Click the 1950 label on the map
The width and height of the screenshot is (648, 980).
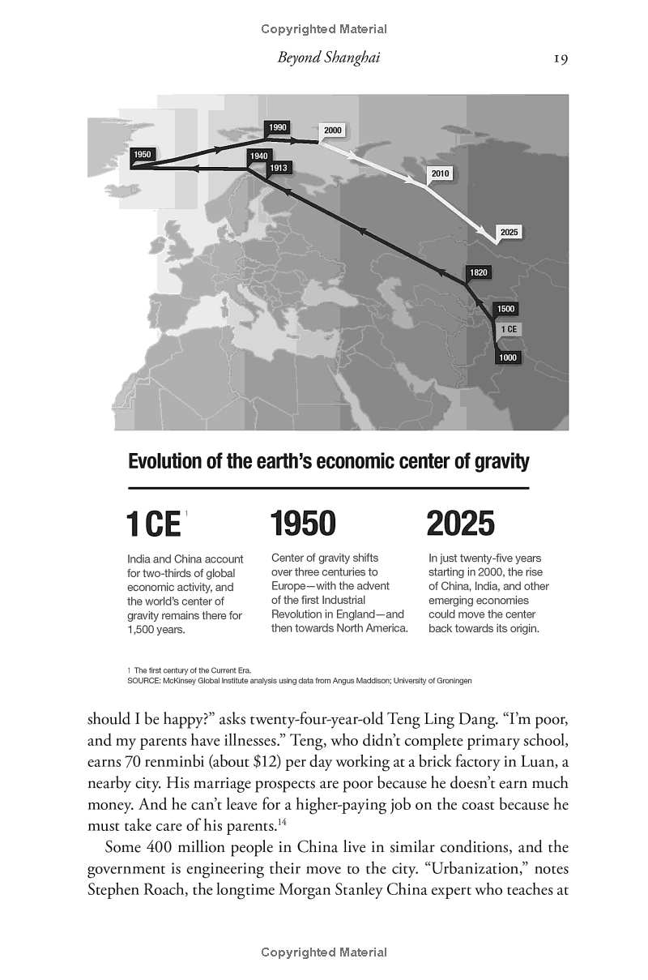(143, 154)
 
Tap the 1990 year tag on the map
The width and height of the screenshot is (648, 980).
(278, 128)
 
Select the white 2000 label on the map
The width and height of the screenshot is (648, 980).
(332, 131)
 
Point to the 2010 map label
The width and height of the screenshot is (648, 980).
(440, 173)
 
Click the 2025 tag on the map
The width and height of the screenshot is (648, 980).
(509, 233)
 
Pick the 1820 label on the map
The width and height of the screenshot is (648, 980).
(478, 272)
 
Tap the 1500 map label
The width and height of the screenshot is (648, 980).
(506, 309)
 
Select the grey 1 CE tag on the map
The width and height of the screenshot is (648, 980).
(509, 329)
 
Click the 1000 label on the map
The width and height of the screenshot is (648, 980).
(509, 357)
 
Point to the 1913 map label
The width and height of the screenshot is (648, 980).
(280, 168)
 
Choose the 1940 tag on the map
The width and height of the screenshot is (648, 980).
(258, 156)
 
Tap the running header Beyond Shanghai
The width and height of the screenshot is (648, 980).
(328, 58)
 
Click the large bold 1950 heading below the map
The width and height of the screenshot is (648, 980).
(303, 524)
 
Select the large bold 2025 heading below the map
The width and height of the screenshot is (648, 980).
(460, 524)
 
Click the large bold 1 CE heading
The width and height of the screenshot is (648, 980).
(154, 525)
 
